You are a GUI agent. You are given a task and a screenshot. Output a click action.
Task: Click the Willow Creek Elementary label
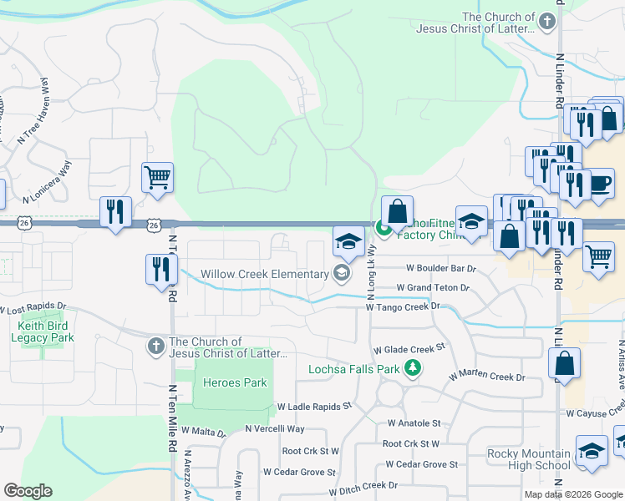pos(265,275)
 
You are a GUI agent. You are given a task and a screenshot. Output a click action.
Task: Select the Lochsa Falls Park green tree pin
pos(412,367)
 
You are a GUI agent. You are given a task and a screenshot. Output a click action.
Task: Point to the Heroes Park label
pos(236,382)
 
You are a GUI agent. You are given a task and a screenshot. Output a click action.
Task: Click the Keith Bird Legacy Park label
pos(43,331)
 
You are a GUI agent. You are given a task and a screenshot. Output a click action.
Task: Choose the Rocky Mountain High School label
pos(528,460)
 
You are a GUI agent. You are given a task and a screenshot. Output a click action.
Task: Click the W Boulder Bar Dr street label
pos(441,269)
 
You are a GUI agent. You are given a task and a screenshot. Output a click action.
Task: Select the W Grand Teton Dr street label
pos(433,287)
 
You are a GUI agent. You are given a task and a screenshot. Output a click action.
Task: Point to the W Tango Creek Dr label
pos(403,306)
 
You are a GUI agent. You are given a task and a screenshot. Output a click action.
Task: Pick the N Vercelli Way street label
pos(275,428)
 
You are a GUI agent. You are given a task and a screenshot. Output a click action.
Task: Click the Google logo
pos(28,491)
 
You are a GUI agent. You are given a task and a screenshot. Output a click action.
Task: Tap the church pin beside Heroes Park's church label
pos(156,346)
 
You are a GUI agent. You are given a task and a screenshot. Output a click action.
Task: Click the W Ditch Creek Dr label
pos(374,485)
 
